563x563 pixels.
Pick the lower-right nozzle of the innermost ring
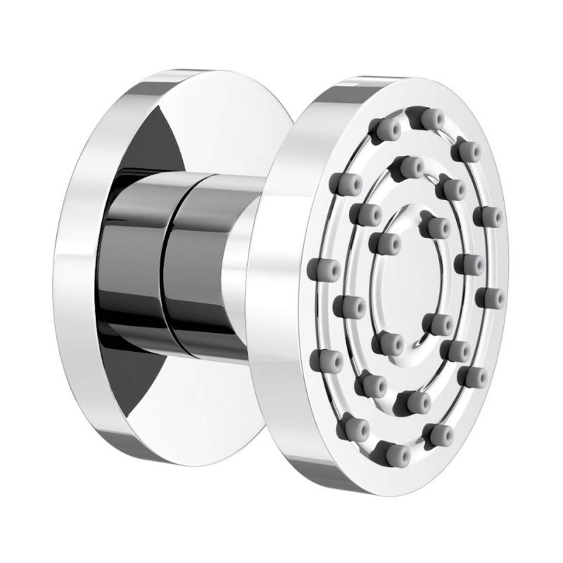pyautogui.click(x=441, y=323)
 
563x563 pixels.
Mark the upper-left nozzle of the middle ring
pyautogui.click(x=366, y=212)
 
